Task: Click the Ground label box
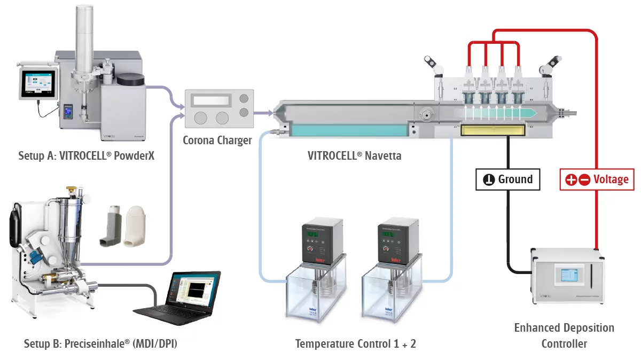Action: pyautogui.click(x=507, y=179)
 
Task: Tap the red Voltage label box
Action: pyautogui.click(x=597, y=179)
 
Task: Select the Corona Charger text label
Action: pyautogui.click(x=217, y=140)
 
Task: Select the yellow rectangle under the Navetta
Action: pyautogui.click(x=491, y=129)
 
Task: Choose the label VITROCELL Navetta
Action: pyautogui.click(x=355, y=156)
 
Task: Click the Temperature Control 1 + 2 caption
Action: pyautogui.click(x=355, y=343)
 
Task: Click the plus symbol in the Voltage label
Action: pyautogui.click(x=571, y=180)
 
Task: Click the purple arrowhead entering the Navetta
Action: pyautogui.click(x=268, y=113)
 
